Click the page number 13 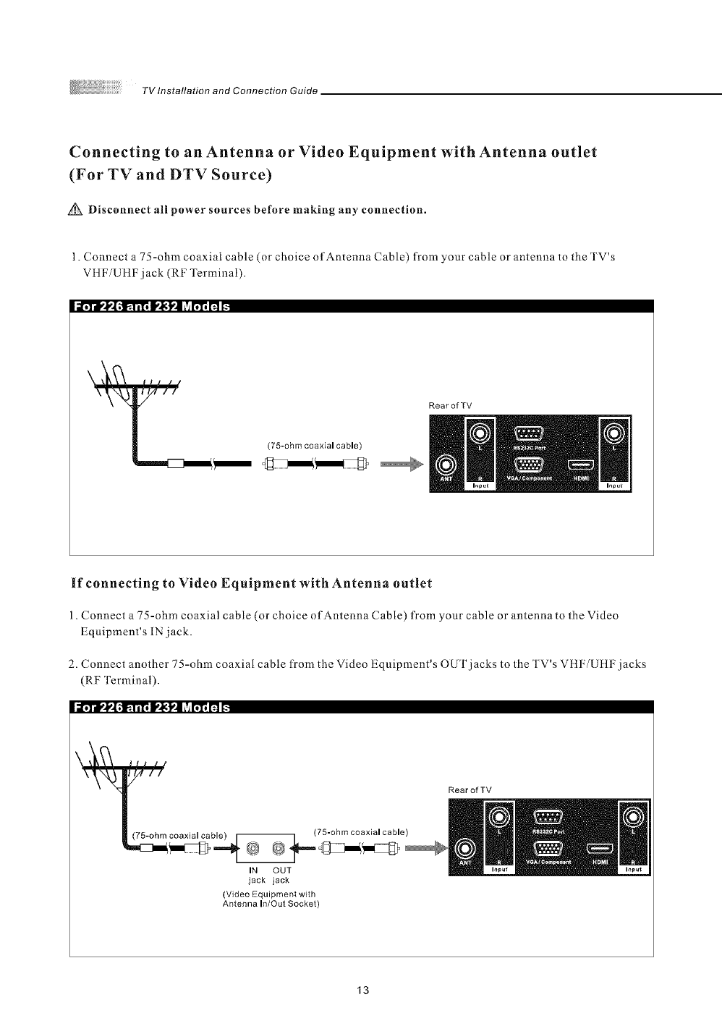(363, 990)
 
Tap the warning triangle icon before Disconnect (77, 211)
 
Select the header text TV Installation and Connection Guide (230, 90)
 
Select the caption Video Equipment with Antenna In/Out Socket (271, 899)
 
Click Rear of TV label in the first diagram (450, 405)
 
